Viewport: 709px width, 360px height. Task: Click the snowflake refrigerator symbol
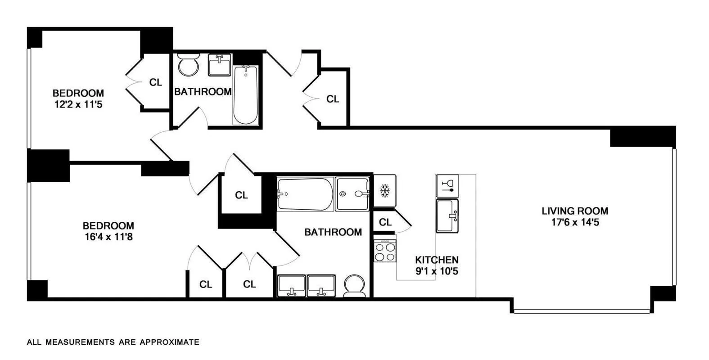(384, 191)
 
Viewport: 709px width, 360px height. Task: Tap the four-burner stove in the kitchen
(385, 252)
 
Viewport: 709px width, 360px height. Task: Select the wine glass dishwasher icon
(447, 185)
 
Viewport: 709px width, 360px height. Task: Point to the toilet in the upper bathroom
(188, 65)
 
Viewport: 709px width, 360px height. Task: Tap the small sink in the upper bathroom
(220, 65)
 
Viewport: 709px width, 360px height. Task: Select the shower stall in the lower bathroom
(352, 194)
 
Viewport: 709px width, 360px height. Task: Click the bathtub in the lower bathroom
(305, 194)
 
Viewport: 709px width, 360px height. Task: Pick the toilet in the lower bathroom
(355, 287)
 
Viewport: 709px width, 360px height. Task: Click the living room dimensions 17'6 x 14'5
(575, 222)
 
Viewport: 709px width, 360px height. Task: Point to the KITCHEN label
(437, 260)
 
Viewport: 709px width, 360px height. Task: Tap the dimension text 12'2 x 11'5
(78, 105)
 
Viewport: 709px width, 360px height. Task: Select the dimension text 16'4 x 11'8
(108, 237)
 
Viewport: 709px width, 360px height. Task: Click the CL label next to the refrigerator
(385, 222)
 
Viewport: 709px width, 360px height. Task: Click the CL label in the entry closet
(333, 99)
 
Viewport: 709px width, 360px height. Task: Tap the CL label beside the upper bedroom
(156, 82)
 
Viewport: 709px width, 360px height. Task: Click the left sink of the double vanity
(291, 286)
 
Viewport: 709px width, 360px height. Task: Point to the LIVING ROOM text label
(575, 211)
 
